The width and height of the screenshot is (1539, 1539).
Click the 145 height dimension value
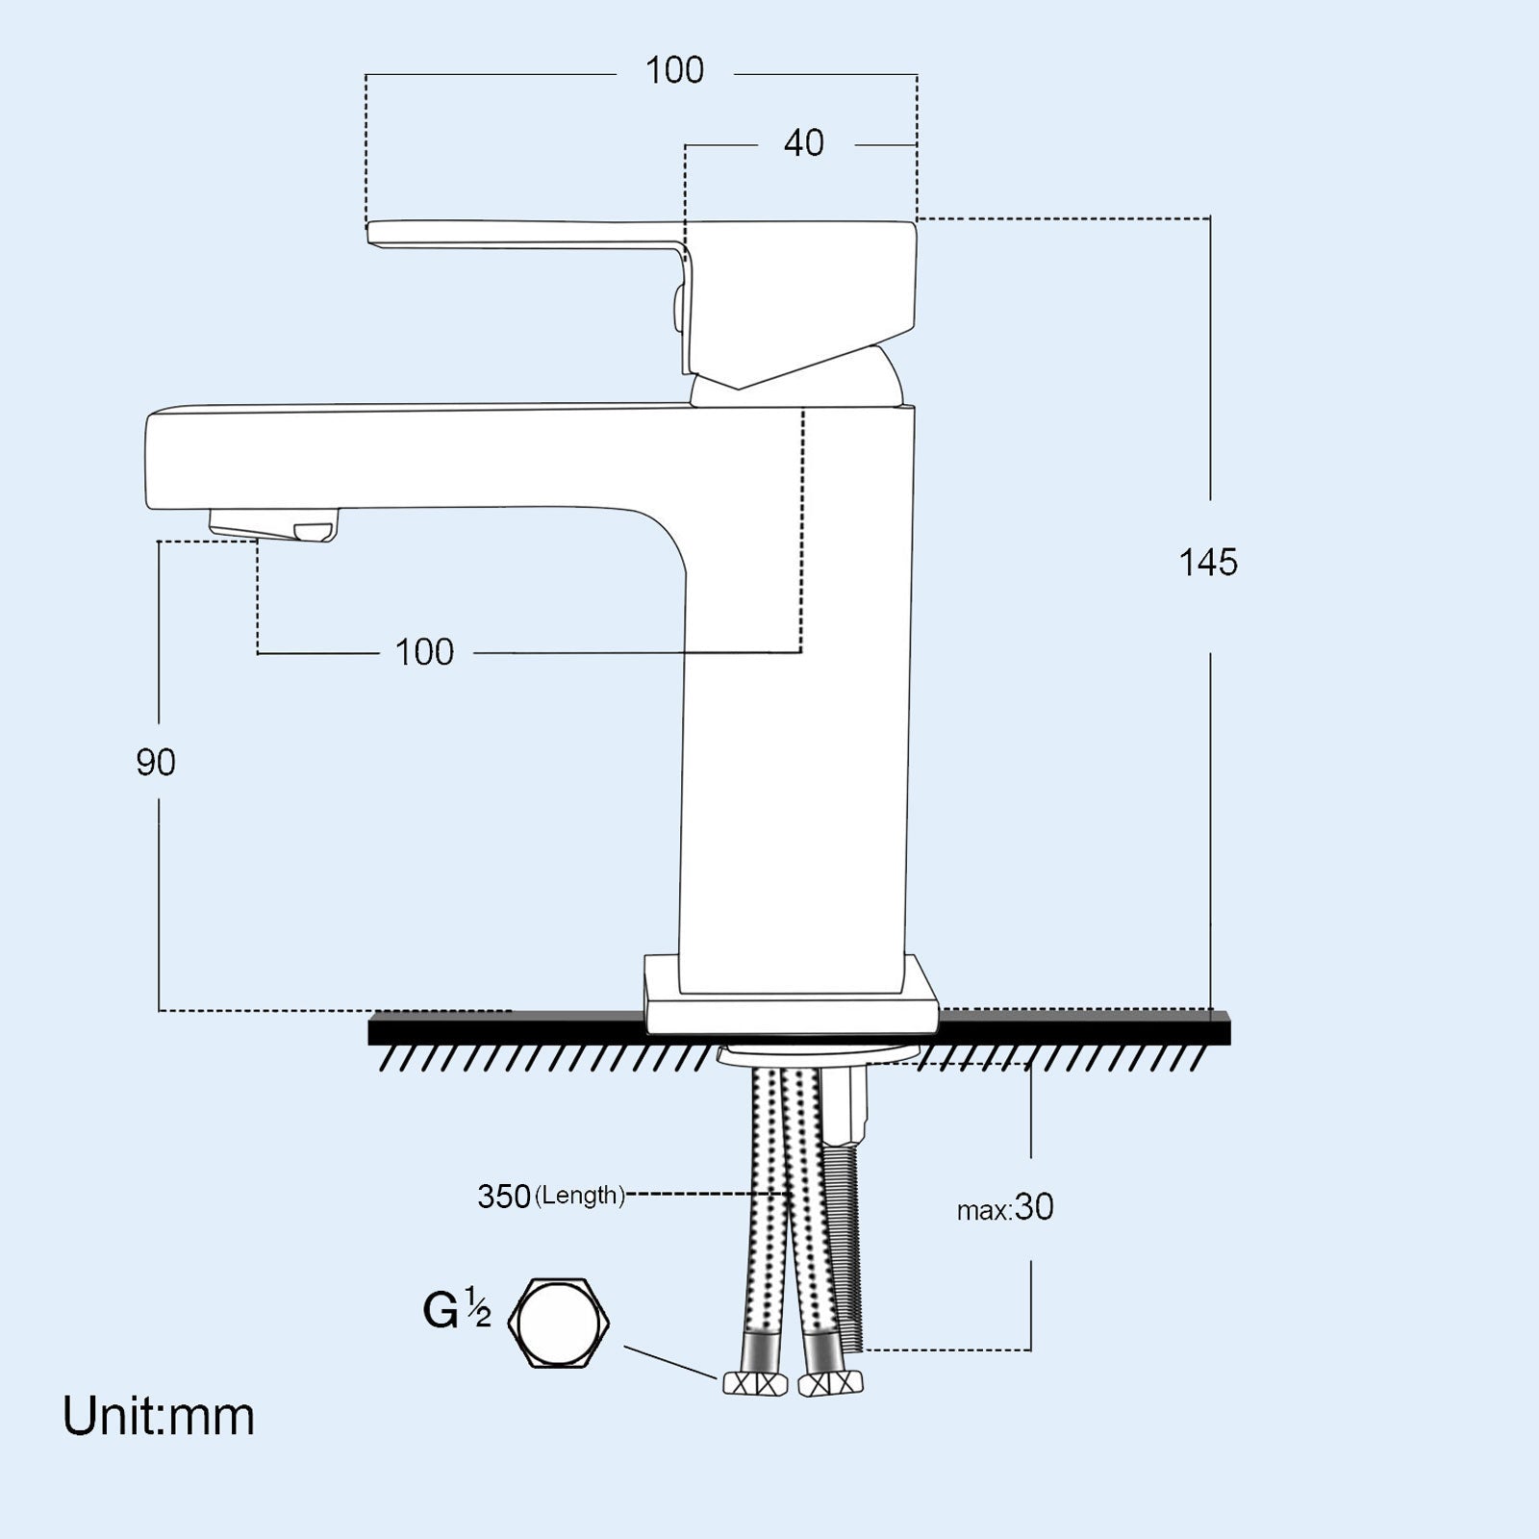[x=1208, y=563]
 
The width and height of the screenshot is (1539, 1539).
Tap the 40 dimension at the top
[x=803, y=143]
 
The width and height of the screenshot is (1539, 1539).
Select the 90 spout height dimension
[x=156, y=763]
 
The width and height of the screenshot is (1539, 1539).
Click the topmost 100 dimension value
[x=674, y=70]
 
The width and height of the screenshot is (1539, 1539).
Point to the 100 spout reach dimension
[x=424, y=653]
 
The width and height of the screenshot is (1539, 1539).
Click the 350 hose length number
[x=504, y=1197]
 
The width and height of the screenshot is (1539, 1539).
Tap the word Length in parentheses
[x=580, y=1196]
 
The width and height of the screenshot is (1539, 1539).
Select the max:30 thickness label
[x=1005, y=1208]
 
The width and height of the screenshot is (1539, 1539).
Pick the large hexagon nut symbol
[x=559, y=1323]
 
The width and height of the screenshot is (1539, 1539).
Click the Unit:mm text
[x=159, y=1417]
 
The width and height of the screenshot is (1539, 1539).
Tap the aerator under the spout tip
[x=274, y=527]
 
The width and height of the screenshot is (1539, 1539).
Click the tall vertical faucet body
[x=794, y=769]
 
